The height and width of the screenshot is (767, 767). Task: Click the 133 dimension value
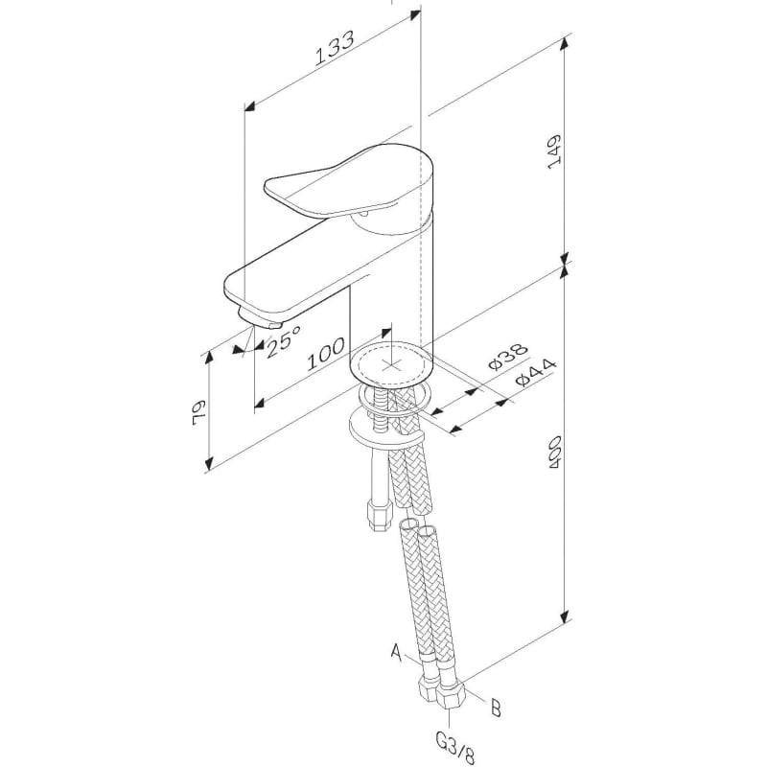[x=334, y=49]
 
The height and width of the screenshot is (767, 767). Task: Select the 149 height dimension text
[x=554, y=151]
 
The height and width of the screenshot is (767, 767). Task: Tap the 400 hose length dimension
[x=554, y=453]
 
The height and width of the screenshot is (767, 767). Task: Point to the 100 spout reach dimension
[x=326, y=353]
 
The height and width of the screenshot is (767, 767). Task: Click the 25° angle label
[x=283, y=341]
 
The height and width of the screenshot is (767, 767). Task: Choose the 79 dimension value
[x=199, y=413]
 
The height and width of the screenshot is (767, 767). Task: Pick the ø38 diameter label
[x=509, y=356]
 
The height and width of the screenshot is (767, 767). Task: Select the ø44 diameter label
[x=536, y=373]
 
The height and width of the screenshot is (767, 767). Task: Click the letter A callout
[x=397, y=653]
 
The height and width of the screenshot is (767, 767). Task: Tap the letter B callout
[x=496, y=708]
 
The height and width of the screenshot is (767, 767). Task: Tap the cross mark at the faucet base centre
[x=390, y=365]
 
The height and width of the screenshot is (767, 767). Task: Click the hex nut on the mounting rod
[x=380, y=516]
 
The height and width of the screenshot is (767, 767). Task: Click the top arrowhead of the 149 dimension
[x=564, y=44]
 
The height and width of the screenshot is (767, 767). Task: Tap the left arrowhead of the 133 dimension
[x=251, y=107]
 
